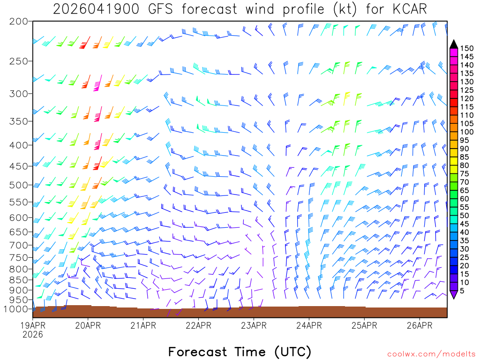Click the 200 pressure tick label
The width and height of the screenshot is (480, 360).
tap(19, 22)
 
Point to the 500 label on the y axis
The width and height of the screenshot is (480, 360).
tap(19, 185)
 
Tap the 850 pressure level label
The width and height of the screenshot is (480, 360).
tap(19, 280)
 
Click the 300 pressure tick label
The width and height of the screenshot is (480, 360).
tap(19, 94)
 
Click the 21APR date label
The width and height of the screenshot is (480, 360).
tap(143, 325)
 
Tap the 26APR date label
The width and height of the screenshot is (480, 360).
tap(419, 325)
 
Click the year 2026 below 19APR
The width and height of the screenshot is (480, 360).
tap(33, 334)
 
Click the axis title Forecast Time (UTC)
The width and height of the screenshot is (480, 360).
tap(240, 352)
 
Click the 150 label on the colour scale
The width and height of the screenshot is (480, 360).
tap(466, 48)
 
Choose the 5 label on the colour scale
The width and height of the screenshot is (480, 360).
tap(462, 291)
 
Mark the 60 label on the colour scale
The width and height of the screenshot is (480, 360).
tap(465, 199)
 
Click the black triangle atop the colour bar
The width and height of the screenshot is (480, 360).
tap(453, 44)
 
